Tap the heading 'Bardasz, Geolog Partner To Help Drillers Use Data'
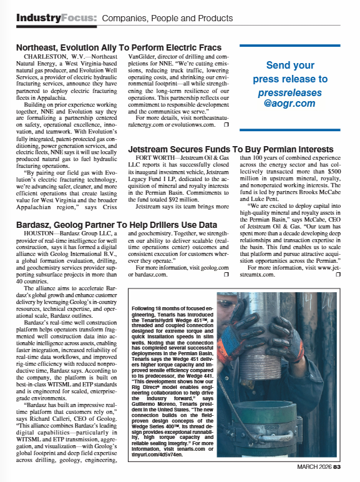[x=116, y=224]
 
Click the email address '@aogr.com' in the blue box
[x=289, y=103]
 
